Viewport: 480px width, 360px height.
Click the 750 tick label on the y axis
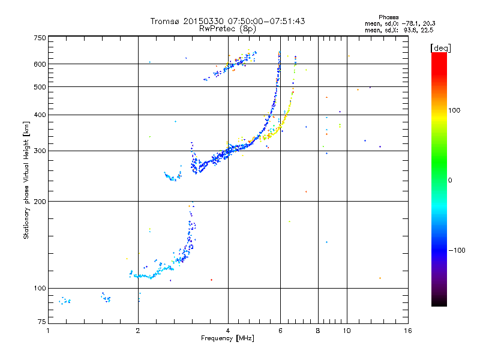pyautogui.click(x=40, y=38)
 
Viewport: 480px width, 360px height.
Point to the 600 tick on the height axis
pyautogui.click(x=40, y=64)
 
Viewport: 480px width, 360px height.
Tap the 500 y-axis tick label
pyautogui.click(x=40, y=87)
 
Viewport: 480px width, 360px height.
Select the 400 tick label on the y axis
pyautogui.click(x=40, y=115)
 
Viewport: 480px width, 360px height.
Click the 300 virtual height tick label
pyautogui.click(x=40, y=151)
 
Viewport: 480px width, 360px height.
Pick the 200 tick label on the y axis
pyautogui.click(x=40, y=201)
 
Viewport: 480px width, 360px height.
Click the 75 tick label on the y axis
pyautogui.click(x=41, y=323)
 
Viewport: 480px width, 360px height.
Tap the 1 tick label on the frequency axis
pyautogui.click(x=48, y=331)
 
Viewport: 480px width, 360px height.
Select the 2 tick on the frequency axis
pyautogui.click(x=138, y=331)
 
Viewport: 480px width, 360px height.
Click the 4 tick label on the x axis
pyautogui.click(x=228, y=331)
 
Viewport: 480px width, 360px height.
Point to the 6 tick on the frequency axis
pyautogui.click(x=280, y=331)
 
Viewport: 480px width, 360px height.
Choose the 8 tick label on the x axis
pyautogui.click(x=318, y=331)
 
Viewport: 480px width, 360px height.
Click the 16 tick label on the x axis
pyautogui.click(x=407, y=331)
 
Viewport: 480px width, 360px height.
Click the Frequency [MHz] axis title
pyautogui.click(x=227, y=339)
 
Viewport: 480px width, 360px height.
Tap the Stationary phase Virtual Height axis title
pyautogui.click(x=26, y=180)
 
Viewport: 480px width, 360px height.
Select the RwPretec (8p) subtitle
pyautogui.click(x=227, y=28)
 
